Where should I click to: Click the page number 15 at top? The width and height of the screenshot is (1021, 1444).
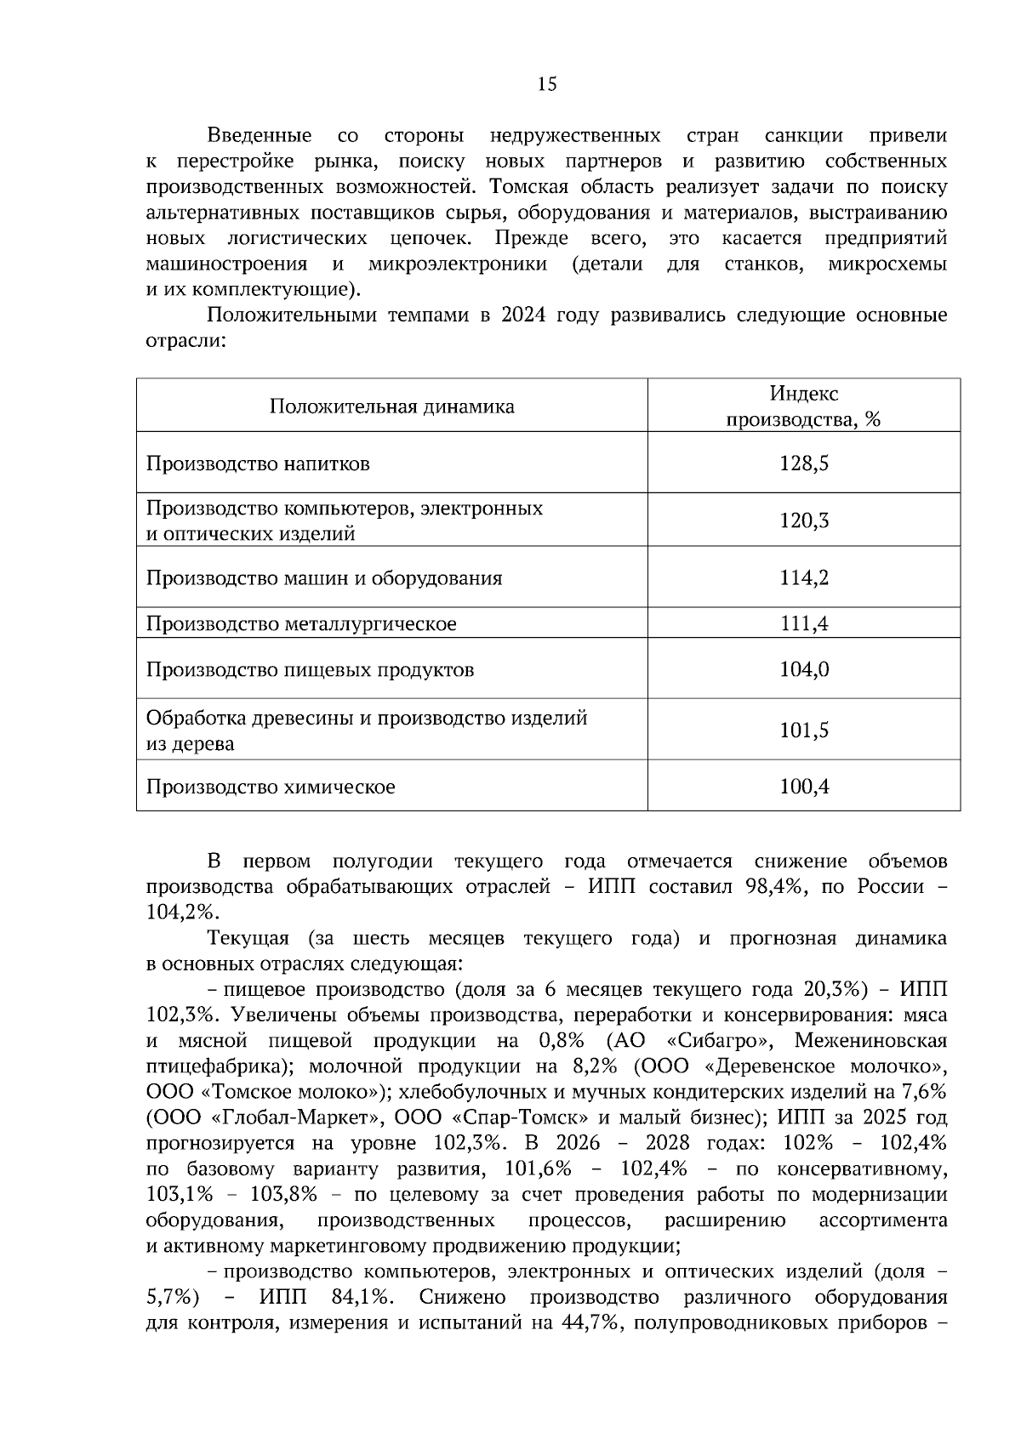pos(547,83)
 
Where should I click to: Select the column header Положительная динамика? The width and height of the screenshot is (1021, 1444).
pos(391,406)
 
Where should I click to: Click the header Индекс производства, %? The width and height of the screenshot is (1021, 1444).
pos(803,406)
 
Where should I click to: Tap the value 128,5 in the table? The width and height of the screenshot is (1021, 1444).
pos(803,463)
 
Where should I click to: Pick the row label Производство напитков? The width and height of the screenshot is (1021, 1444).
pos(258,463)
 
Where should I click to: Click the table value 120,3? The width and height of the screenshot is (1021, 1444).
pos(803,520)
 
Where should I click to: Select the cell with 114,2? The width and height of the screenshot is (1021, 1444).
pos(803,577)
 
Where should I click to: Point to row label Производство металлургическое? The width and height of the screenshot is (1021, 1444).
pos(301,623)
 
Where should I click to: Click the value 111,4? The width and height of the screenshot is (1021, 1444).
pos(803,623)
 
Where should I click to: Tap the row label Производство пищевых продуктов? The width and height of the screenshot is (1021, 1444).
pos(310,669)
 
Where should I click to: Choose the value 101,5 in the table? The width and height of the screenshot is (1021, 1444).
pos(803,730)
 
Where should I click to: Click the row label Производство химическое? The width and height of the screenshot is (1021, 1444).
pos(271,787)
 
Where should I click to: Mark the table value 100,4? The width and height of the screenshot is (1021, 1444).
pos(803,787)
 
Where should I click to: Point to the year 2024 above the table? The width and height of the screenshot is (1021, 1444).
pos(525,316)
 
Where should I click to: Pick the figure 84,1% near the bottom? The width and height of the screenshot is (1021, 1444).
pos(358,1297)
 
